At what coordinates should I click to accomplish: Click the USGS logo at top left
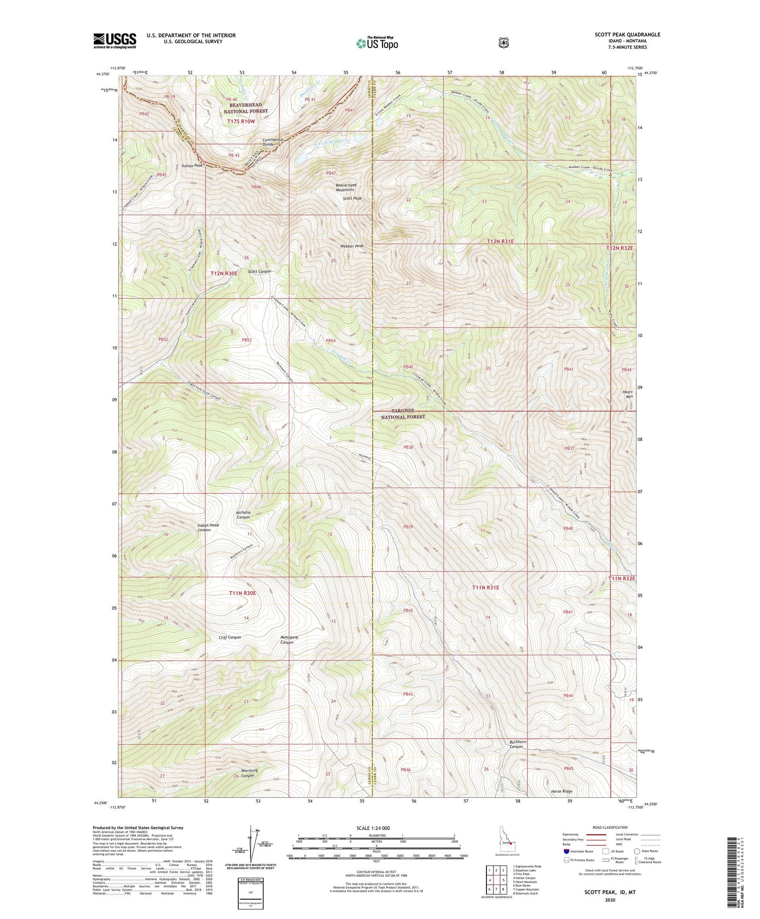point(115,41)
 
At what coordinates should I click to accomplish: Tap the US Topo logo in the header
point(377,43)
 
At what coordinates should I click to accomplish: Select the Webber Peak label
point(352,246)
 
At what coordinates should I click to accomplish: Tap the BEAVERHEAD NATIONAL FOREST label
point(246,108)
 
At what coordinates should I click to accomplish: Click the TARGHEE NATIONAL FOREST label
point(403,414)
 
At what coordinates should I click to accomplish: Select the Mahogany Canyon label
point(289,640)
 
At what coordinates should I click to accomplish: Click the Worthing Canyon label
point(249,773)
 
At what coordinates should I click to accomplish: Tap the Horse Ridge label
point(562,791)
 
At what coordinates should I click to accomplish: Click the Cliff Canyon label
point(230,637)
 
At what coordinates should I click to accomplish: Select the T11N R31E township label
point(485,587)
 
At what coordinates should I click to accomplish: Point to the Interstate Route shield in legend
point(566,851)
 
